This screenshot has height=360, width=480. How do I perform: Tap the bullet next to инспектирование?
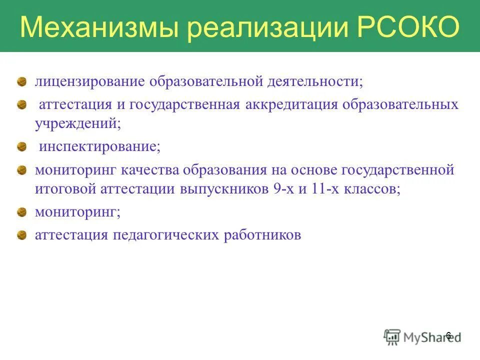pyautogui.click(x=21, y=146)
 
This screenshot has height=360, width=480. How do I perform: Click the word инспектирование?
pyautogui.click(x=99, y=147)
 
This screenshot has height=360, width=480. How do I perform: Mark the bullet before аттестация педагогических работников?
pyautogui.click(x=21, y=234)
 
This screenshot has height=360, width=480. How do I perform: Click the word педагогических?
pyautogui.click(x=165, y=235)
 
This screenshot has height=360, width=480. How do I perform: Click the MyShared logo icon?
pyautogui.click(x=392, y=336)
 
